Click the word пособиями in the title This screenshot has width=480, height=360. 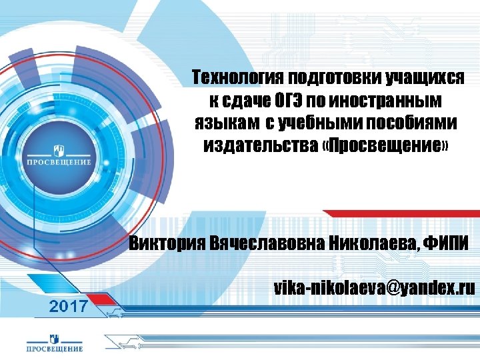415,123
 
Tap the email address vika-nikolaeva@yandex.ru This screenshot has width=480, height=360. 374,287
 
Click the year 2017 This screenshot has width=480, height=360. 69,306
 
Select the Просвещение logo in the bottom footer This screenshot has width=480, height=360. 55,341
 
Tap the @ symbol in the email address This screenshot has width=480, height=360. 390,288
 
